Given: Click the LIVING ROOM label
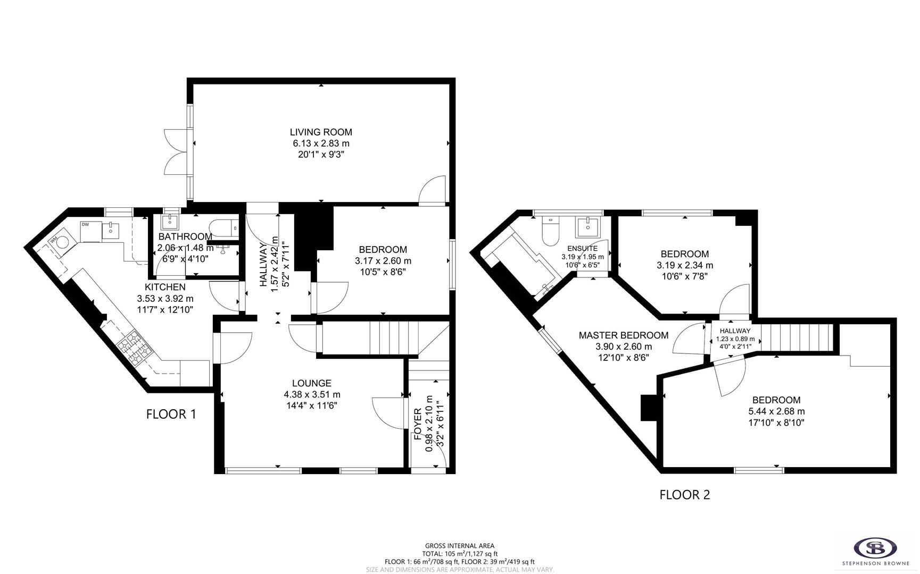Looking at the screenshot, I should tap(321, 132).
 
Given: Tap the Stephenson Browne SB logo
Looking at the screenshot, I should tap(875, 547).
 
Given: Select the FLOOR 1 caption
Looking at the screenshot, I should tap(171, 414).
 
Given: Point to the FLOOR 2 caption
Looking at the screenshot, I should tap(685, 495).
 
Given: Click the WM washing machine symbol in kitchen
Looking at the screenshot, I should tap(63, 242).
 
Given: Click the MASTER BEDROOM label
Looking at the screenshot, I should tap(623, 335).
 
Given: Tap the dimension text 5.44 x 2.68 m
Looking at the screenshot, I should tap(776, 411).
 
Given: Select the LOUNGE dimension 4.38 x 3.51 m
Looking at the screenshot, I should tap(312, 394).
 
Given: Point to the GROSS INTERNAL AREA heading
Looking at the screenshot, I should tap(459, 546).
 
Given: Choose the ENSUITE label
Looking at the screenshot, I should tap(582, 248).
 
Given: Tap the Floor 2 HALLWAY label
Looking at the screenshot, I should tap(735, 331).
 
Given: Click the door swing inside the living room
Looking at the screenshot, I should tap(432, 190).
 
